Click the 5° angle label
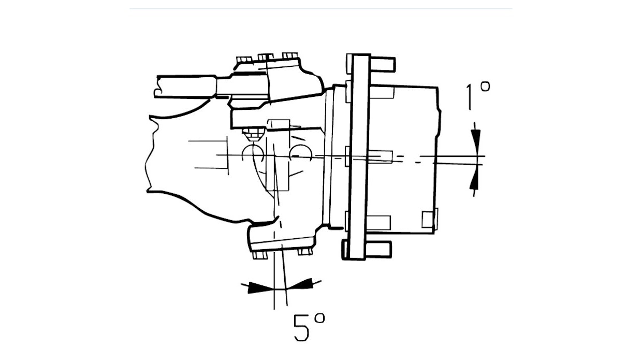tap(310, 327)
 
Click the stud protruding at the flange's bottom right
tap(378, 249)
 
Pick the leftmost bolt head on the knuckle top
tap(244, 60)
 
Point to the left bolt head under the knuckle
tap(260, 255)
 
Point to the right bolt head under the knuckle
tap(305, 252)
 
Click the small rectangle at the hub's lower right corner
tap(429, 219)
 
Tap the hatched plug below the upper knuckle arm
tap(253, 135)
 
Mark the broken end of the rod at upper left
tap(157, 87)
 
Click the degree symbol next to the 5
tap(319, 319)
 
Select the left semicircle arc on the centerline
tap(253, 153)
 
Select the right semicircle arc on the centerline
tap(300, 153)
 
